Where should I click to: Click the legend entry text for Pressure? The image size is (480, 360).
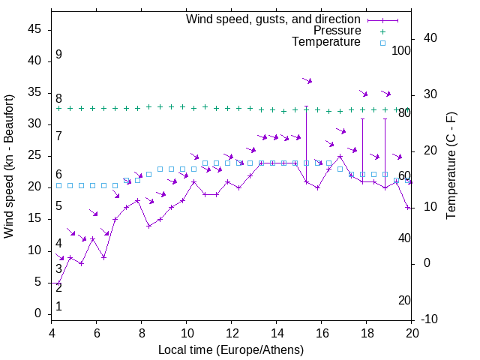[337, 31]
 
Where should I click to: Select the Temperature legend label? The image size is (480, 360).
[326, 42]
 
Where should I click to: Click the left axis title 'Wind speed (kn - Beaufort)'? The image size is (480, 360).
[9, 166]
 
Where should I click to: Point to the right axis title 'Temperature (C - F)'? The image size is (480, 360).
[451, 166]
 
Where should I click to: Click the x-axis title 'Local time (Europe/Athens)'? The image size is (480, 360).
[231, 350]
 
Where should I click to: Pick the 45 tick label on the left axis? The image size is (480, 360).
[34, 29]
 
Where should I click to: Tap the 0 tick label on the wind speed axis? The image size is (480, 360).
[37, 313]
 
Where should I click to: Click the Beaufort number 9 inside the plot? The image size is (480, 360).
[58, 55]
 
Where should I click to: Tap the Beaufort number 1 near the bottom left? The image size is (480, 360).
[58, 307]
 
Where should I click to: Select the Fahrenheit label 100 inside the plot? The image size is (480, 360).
[401, 51]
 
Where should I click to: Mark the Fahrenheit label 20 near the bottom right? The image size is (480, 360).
[404, 301]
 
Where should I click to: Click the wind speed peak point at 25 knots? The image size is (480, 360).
[340, 157]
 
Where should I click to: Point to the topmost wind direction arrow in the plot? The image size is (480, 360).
[307, 80]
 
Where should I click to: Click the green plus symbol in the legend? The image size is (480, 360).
[382, 31]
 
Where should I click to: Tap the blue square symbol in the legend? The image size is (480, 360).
[382, 43]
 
